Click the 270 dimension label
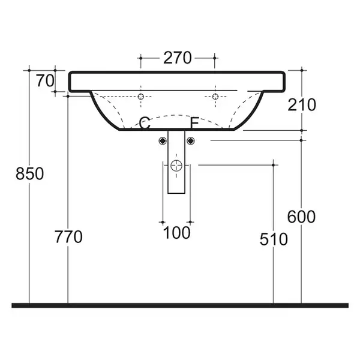(177, 58)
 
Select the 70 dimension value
(46, 80)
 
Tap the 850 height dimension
(29, 173)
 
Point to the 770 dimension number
(68, 237)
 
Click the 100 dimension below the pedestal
(176, 233)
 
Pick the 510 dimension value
(274, 239)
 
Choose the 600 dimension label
(301, 217)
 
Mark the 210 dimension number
(302, 104)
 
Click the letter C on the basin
(145, 123)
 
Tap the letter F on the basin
(194, 123)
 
